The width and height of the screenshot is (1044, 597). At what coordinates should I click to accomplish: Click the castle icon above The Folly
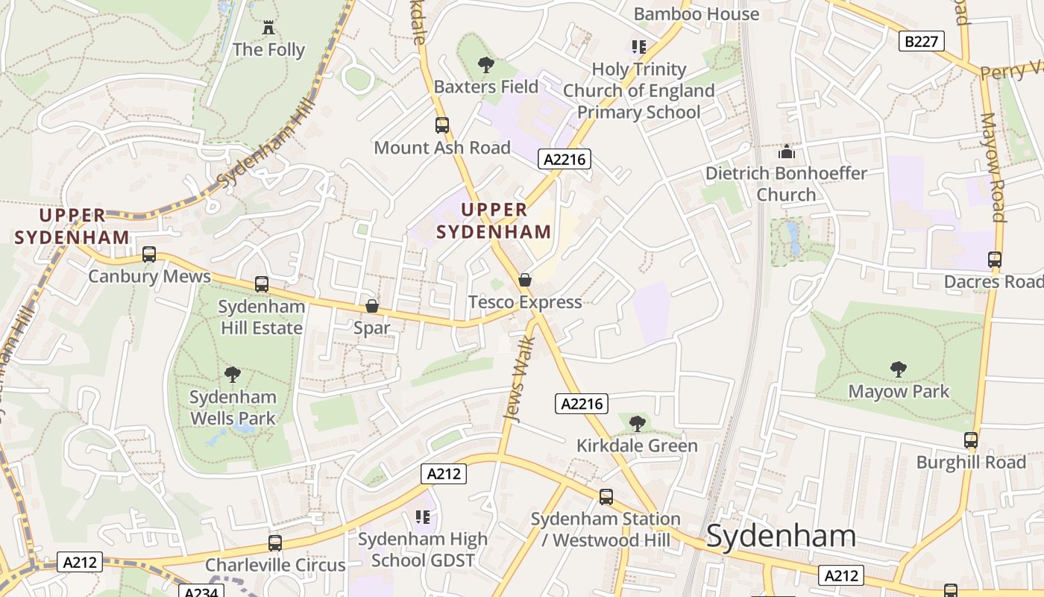(x=268, y=28)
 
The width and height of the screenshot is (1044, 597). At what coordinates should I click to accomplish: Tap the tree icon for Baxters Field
(x=486, y=65)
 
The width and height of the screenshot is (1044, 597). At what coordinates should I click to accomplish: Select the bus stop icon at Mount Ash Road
(x=442, y=125)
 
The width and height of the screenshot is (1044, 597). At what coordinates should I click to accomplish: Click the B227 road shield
(x=922, y=41)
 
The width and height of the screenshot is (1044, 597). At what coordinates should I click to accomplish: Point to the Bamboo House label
(x=696, y=13)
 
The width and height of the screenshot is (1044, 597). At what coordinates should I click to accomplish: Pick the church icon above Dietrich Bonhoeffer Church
(x=786, y=151)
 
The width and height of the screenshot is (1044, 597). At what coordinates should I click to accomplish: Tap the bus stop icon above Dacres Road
(x=994, y=260)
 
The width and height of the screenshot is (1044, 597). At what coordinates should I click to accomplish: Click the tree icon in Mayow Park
(x=899, y=369)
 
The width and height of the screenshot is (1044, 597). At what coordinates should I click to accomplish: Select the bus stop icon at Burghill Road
(x=970, y=440)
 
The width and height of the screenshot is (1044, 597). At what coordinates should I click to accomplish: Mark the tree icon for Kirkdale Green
(x=637, y=424)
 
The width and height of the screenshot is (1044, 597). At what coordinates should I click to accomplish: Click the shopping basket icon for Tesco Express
(x=525, y=280)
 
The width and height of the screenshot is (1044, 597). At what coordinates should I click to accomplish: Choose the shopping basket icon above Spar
(x=371, y=306)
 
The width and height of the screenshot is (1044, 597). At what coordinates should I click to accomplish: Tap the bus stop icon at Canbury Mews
(x=149, y=254)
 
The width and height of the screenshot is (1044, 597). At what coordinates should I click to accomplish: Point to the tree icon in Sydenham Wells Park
(x=233, y=375)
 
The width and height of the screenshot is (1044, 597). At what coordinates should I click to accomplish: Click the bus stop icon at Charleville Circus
(x=275, y=543)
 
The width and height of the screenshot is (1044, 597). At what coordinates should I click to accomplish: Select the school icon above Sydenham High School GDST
(x=423, y=516)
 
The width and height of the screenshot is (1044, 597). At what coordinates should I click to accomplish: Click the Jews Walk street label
(x=521, y=380)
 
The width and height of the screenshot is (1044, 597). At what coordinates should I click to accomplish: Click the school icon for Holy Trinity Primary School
(x=638, y=47)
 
